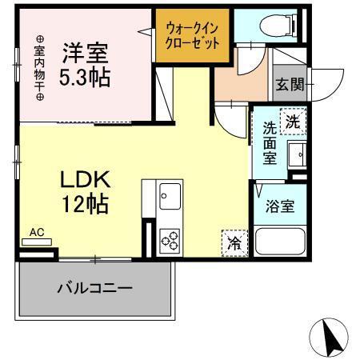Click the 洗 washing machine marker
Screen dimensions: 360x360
coord(294,122)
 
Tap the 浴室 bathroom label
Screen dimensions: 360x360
coord(280,205)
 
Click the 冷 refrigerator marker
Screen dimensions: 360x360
coord(234,241)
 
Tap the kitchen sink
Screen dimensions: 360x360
coord(170,194)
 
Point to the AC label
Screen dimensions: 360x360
coord(36,233)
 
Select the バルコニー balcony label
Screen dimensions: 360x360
coord(94,286)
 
